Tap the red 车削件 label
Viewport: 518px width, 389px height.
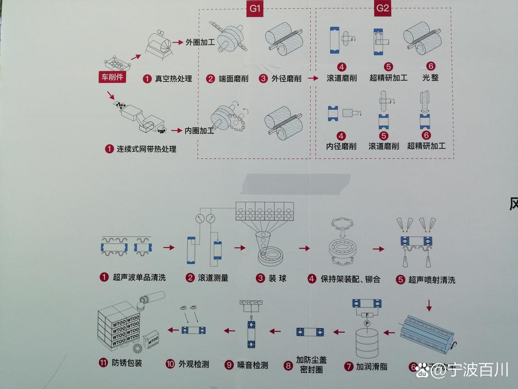click(x=112, y=77)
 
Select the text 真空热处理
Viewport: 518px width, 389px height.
click(x=173, y=79)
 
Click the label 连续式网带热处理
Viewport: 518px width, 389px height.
click(x=146, y=149)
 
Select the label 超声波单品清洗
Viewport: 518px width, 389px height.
click(x=139, y=278)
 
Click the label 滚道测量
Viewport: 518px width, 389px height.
click(x=213, y=278)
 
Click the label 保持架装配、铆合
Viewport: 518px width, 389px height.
click(x=350, y=279)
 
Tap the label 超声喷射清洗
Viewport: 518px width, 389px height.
click(x=432, y=280)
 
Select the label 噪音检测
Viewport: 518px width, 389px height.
click(x=252, y=365)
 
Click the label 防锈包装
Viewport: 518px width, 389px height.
click(x=127, y=363)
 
